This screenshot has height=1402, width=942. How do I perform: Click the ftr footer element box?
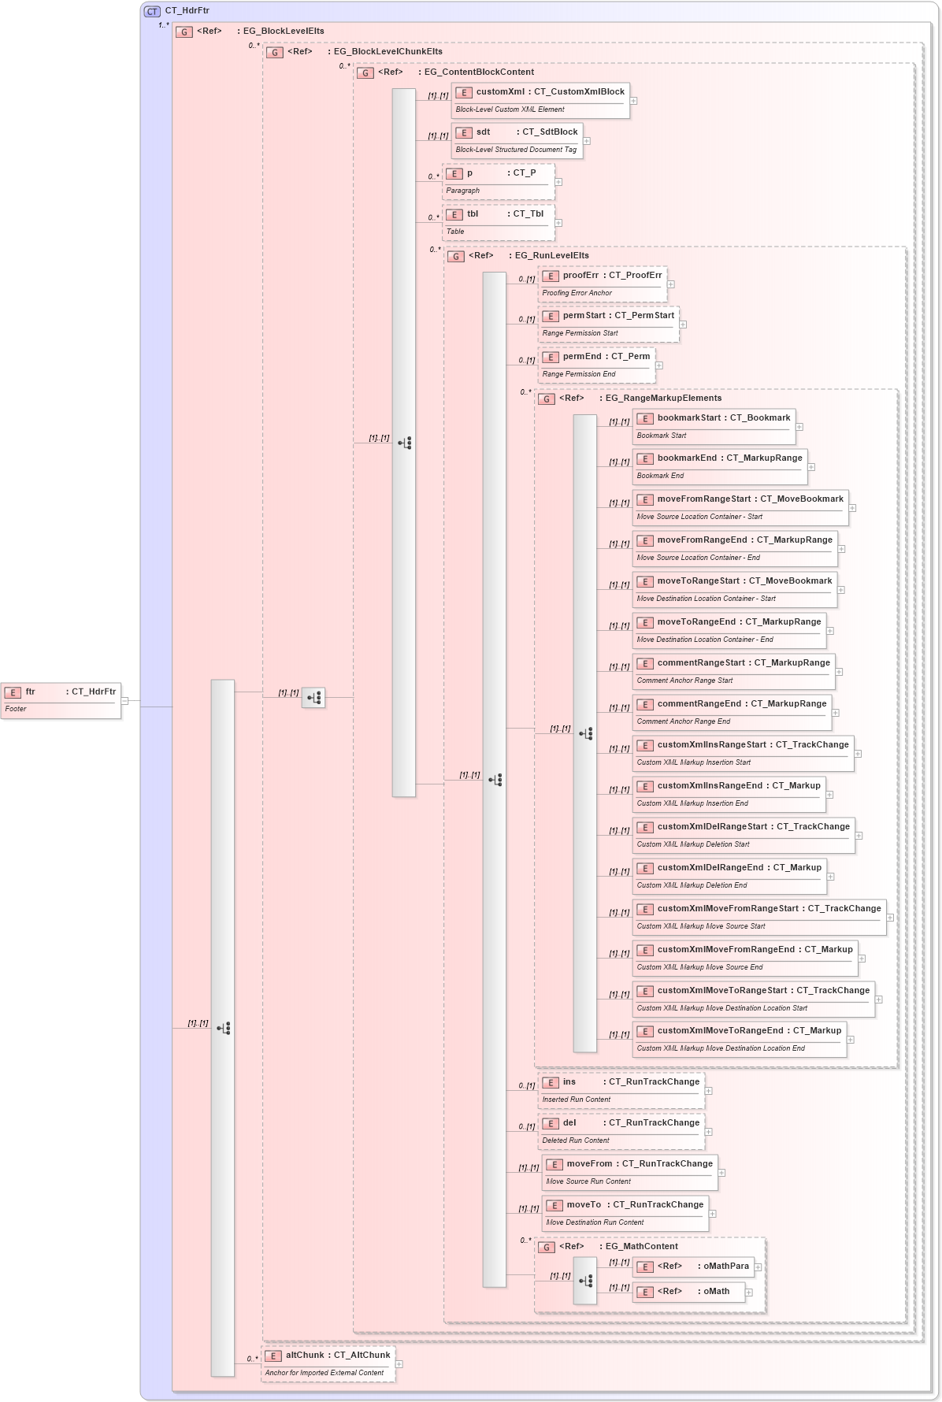61,699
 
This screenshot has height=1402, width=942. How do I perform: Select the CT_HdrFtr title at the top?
187,11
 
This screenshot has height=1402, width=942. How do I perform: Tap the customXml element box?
540,100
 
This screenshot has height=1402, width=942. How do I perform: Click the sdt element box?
517,140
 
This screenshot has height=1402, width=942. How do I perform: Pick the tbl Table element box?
499,222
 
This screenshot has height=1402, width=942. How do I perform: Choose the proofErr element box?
603,284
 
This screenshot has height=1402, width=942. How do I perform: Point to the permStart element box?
608,324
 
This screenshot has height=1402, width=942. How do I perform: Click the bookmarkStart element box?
714,426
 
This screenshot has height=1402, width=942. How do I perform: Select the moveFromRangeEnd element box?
734,548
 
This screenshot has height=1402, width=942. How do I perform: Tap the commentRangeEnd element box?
732,712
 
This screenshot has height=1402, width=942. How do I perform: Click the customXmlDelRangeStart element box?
744,835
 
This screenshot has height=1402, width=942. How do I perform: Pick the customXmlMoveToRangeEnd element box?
740,1039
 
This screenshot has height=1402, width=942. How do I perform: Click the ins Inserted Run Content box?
621,1090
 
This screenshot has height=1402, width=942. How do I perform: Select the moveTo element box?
625,1213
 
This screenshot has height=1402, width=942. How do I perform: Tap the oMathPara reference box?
693,1267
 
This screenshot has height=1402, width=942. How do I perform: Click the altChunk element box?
328,1363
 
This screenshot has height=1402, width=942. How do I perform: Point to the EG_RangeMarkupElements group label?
663,399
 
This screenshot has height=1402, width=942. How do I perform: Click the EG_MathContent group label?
641,1247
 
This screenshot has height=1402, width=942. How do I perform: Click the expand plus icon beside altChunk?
399,1364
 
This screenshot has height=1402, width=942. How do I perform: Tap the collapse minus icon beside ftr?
124,700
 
